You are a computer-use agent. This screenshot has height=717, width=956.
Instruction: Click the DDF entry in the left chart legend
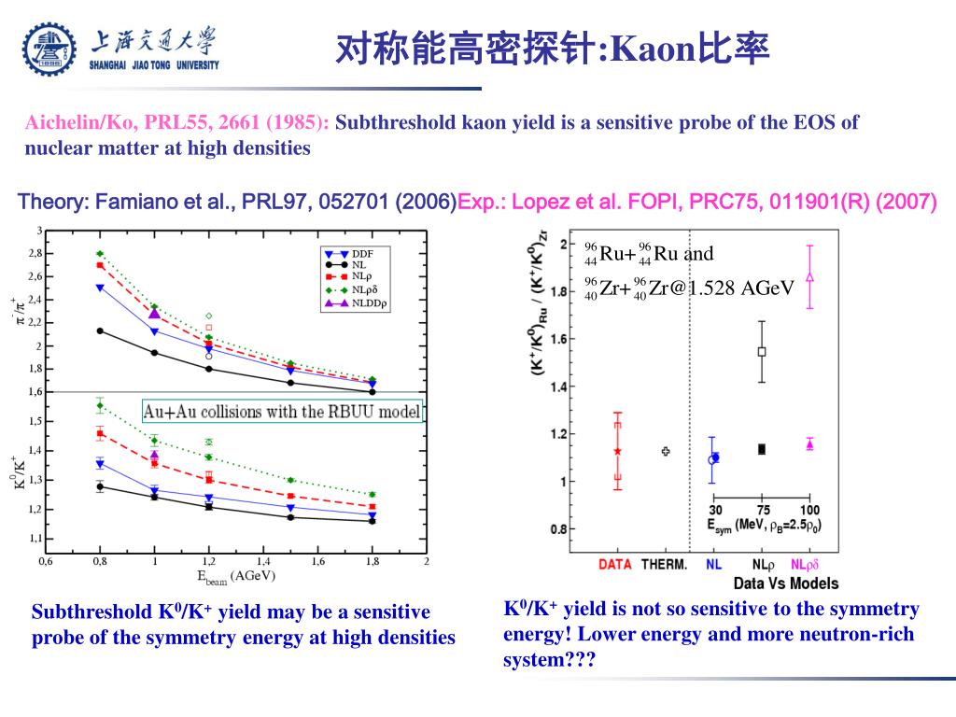click(x=363, y=253)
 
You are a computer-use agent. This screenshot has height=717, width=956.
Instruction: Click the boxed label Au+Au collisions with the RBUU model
click(x=282, y=411)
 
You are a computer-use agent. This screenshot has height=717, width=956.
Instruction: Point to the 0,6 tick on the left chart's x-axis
click(x=46, y=561)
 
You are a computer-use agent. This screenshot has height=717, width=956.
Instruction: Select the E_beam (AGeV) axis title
click(x=235, y=576)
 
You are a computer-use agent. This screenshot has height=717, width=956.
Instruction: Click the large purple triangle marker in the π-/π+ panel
click(x=155, y=314)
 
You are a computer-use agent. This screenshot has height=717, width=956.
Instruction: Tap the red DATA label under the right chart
click(x=615, y=564)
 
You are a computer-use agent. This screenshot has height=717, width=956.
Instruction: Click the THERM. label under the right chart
click(x=667, y=564)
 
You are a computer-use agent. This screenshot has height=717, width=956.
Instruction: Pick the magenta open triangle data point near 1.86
click(x=809, y=277)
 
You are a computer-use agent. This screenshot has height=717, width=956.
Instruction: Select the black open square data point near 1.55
click(x=762, y=352)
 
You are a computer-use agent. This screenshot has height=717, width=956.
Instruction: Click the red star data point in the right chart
click(x=617, y=451)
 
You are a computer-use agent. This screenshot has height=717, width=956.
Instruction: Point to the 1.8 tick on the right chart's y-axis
click(x=562, y=291)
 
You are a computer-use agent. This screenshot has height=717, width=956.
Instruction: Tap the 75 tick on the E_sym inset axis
click(x=762, y=510)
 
